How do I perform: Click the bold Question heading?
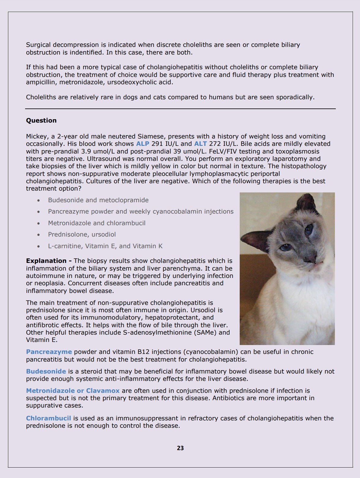41,120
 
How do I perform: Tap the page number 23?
180,448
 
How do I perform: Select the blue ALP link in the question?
143,144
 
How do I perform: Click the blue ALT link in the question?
201,144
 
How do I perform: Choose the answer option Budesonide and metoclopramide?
98,200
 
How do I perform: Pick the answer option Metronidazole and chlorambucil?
97,223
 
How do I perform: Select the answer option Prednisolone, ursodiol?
82,234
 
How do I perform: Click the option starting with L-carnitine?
105,246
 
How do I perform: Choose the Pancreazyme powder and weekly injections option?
141,211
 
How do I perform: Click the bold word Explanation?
46,261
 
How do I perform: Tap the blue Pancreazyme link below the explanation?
49,352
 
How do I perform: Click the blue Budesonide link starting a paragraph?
46,371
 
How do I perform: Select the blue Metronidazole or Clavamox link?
73,391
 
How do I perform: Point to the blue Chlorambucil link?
48,418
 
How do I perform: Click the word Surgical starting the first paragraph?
39,45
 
